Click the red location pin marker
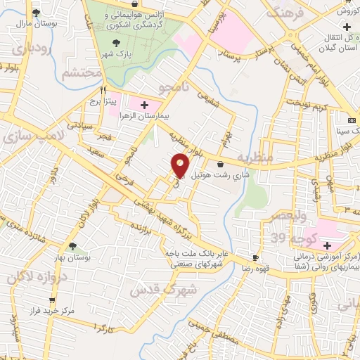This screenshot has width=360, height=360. click(181, 165)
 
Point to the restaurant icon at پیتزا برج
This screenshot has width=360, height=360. click(103, 90)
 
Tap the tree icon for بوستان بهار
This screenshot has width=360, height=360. click(72, 245)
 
